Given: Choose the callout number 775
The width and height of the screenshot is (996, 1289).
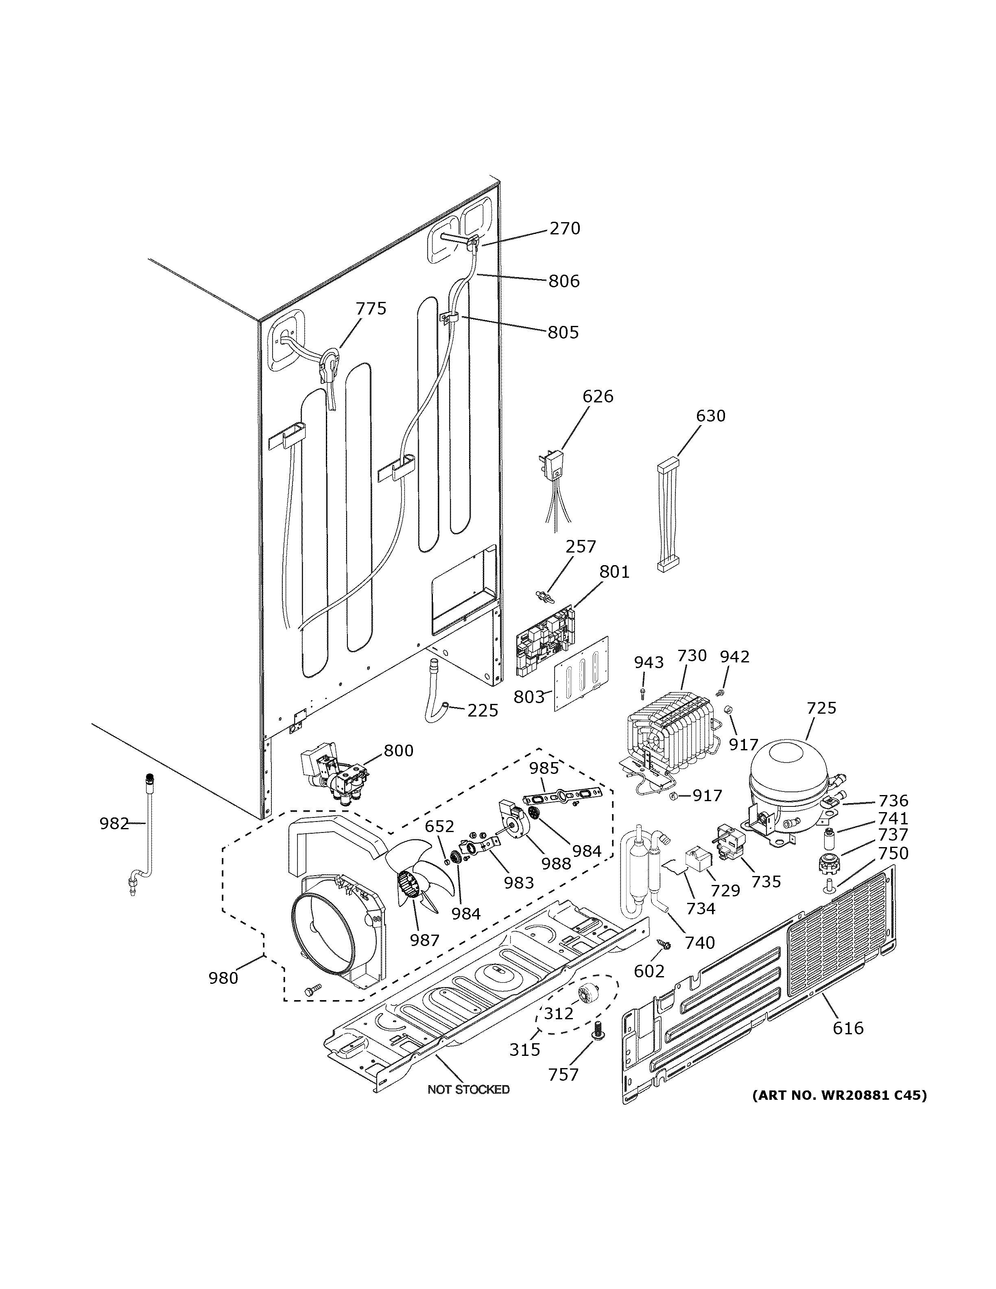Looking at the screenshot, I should pos(371,309).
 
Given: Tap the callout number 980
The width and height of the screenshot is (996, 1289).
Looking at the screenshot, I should pos(223,978).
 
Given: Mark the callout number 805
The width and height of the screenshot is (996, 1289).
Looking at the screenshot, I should pos(563,332).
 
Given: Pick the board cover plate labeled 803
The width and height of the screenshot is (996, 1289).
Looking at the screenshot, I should pos(581,676).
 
